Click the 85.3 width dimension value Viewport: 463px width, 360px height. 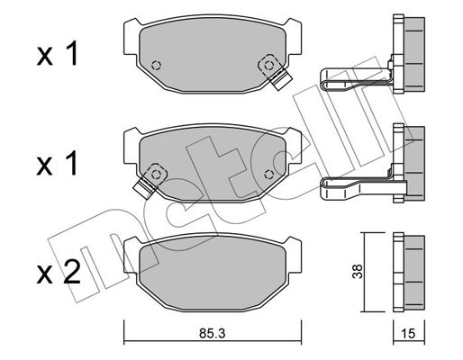click(212, 333)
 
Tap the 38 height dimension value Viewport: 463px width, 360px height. click(358, 272)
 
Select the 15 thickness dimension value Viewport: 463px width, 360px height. click(408, 333)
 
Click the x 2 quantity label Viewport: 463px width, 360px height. click(59, 272)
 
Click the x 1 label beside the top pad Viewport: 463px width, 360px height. click(58, 54)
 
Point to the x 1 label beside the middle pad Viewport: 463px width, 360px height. click(58, 163)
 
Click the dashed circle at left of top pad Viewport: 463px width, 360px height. click(156, 65)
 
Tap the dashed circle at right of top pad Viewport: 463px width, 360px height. click(268, 65)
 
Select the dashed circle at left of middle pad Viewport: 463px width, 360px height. click(156, 174)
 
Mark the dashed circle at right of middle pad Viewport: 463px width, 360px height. click(268, 174)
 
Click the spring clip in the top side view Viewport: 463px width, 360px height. click(356, 78)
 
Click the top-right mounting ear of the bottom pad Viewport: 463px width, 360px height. click(293, 255)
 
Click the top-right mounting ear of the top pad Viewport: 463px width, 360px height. click(293, 37)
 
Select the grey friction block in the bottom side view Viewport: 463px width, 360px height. click(414, 273)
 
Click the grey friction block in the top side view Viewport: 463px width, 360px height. click(414, 54)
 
